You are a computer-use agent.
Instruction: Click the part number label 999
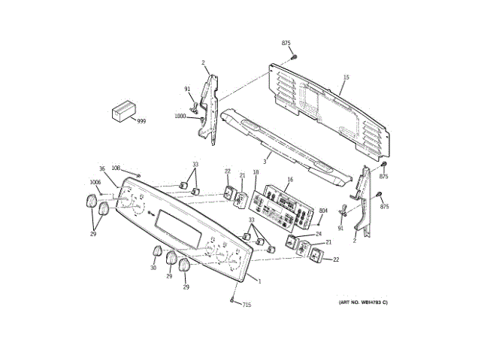pos(141,121)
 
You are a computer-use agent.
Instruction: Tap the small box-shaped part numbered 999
pos(123,112)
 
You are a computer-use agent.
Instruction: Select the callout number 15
pos(346,77)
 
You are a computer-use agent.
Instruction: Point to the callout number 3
pos(265,161)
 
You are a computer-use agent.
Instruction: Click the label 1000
pos(180,116)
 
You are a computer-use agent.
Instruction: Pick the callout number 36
pos(102,168)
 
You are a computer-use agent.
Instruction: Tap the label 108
pos(116,168)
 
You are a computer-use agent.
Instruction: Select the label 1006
pos(95,182)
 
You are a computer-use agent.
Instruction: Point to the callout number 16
pos(290,180)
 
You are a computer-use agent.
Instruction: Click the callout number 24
pos(319,234)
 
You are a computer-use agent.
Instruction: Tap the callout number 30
pos(153,268)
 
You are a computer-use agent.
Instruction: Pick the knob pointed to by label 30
pos(158,252)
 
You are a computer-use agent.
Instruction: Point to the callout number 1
pos(259,281)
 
